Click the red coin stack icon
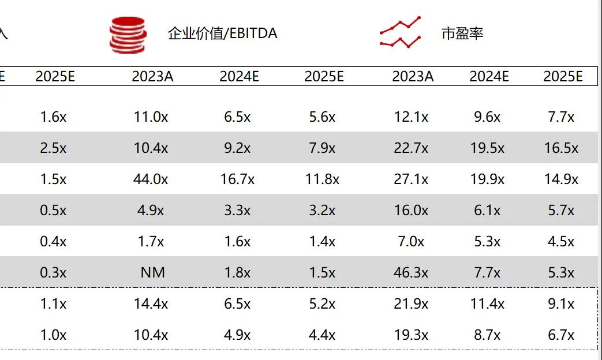(128, 35)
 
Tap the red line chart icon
(400, 32)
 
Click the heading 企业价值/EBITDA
(222, 33)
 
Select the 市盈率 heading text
(462, 33)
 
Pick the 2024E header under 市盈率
(489, 77)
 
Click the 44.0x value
(151, 179)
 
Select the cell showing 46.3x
(411, 272)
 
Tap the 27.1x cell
(411, 179)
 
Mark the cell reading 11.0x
(151, 117)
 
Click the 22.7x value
(411, 148)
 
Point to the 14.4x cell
(151, 303)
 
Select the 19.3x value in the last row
(411, 335)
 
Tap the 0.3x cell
(53, 272)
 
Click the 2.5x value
(53, 148)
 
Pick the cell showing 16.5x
(561, 148)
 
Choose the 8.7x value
(487, 335)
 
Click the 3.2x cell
(322, 211)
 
